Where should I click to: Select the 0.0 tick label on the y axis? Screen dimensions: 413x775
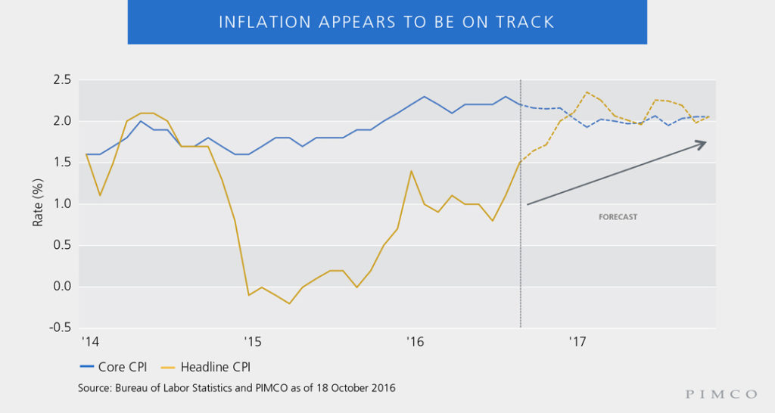pos(62,287)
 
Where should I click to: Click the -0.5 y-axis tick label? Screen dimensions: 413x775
pos(61,328)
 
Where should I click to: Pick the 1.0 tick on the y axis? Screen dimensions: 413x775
pos(62,204)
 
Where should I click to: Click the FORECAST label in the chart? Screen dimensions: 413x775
pos(618,217)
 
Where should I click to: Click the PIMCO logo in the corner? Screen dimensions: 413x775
pos(721,394)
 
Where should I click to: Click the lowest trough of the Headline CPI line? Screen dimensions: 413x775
pos(289,303)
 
